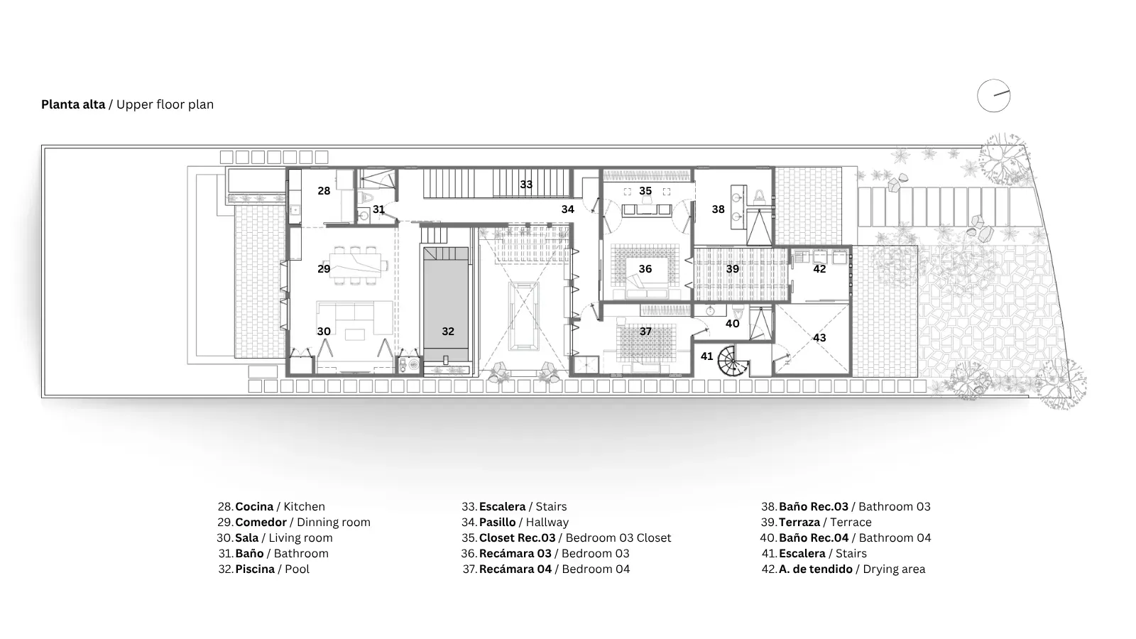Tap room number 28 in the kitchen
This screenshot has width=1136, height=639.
tap(324, 191)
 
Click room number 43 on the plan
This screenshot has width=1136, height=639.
tap(819, 338)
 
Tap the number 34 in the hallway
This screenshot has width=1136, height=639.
tap(567, 209)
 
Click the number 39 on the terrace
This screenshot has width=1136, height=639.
tap(732, 269)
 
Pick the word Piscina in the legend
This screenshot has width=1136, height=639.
tap(255, 569)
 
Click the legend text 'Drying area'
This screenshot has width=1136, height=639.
tap(894, 569)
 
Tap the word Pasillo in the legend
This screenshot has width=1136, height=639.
tap(498, 523)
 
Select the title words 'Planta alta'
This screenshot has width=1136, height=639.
tap(73, 104)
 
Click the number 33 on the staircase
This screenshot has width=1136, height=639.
tap(526, 185)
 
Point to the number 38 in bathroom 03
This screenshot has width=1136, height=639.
tap(718, 209)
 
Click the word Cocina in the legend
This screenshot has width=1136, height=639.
tap(255, 507)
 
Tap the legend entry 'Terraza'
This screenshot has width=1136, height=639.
tap(799, 523)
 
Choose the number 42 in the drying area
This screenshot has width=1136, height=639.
tap(819, 269)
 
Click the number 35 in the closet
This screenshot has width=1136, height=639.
tap(645, 191)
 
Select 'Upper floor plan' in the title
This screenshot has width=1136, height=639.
tap(165, 105)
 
